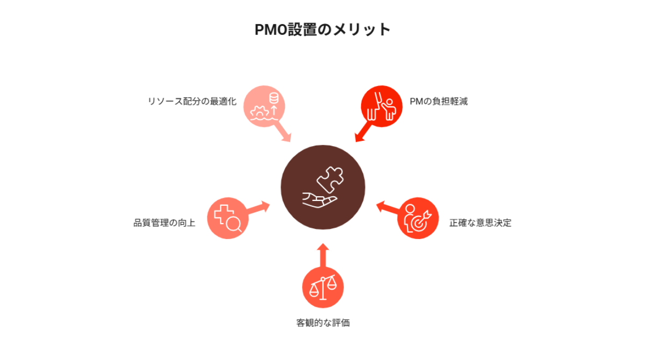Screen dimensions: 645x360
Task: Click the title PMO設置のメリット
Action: tap(322, 30)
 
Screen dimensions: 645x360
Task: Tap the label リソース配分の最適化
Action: tap(192, 102)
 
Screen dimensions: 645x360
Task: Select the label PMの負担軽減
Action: tap(439, 102)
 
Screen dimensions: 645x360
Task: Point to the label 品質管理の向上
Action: tap(164, 223)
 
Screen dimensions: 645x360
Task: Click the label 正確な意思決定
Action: tap(481, 223)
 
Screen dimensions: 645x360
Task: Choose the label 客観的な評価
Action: tap(323, 323)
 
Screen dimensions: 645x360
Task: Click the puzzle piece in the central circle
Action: tap(330, 179)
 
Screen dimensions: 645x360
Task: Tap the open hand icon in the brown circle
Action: tap(319, 200)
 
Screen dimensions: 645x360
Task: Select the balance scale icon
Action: tap(323, 287)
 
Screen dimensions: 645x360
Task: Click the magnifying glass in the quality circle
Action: tap(234, 225)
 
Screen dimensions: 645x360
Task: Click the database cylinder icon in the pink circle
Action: tap(274, 98)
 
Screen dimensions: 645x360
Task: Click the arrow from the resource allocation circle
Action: tap(283, 132)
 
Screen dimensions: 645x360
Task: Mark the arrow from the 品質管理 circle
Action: tap(258, 208)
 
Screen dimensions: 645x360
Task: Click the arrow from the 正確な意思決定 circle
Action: tap(388, 207)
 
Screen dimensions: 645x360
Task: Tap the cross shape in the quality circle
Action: tap(223, 214)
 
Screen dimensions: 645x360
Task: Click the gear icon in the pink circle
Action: tap(260, 113)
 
